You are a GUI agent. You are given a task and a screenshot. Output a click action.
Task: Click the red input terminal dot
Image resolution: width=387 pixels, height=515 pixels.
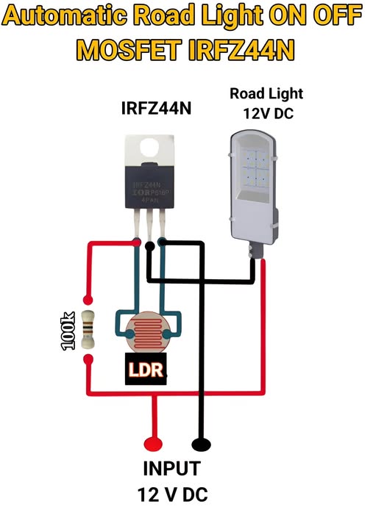152,444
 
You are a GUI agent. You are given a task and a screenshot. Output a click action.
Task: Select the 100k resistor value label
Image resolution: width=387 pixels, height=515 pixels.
68,331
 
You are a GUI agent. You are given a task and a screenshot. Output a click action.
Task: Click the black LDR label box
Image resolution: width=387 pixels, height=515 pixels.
144,370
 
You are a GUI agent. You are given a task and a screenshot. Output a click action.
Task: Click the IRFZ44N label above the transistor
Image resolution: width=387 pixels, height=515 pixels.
155,109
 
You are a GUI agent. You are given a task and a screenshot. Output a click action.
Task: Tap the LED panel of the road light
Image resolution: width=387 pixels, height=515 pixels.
252,167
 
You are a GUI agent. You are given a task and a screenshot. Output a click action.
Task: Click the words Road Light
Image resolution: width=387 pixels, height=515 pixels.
266,93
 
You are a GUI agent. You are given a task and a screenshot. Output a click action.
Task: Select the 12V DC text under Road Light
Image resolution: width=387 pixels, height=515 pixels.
266,114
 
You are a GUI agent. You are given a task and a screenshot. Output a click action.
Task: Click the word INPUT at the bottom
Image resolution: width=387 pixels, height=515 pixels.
171,468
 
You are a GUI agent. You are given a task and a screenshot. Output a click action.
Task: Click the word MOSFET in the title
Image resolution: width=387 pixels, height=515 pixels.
129,49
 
